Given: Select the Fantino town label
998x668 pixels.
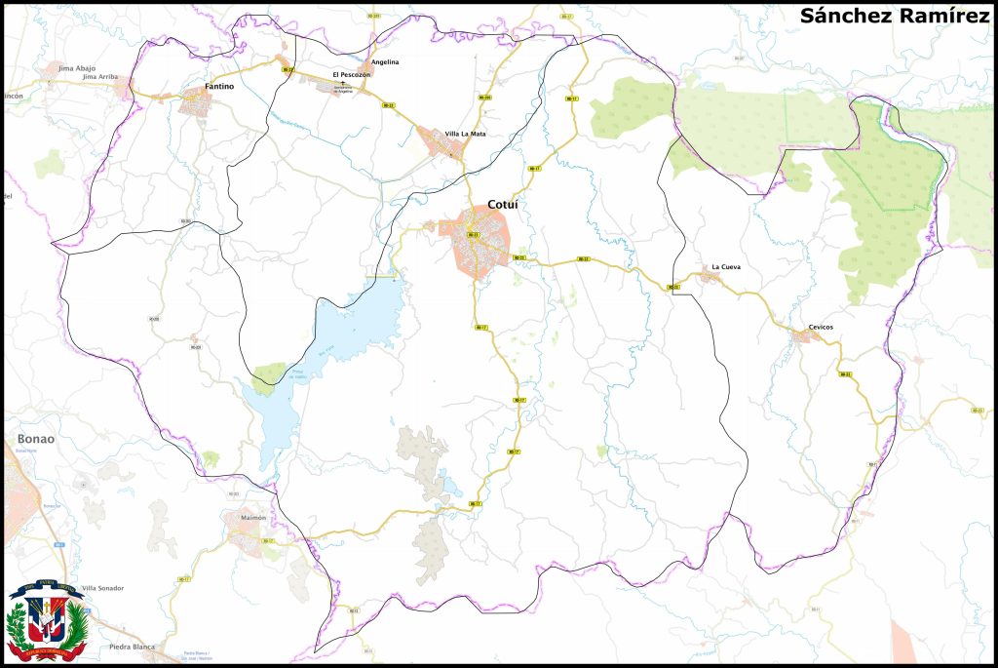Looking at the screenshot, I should point(217,87).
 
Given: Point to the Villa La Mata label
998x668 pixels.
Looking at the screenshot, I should point(465,133).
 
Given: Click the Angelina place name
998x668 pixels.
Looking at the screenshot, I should point(385,61).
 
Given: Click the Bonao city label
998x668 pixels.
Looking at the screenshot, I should point(36,439).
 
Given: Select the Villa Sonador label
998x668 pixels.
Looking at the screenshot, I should point(102,588).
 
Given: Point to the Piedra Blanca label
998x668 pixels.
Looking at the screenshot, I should point(132,647).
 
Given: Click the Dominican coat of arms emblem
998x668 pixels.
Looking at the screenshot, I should point(46,620).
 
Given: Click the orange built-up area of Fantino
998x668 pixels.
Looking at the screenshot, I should point(202,102).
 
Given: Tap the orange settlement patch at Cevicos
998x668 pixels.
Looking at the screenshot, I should point(805,337).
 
